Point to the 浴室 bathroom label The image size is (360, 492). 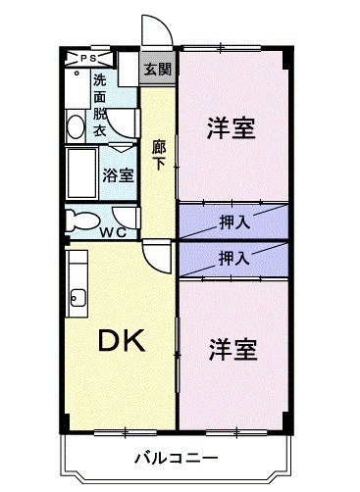pyautogui.click(x=118, y=175)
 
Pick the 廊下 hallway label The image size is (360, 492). pyautogui.click(x=157, y=156)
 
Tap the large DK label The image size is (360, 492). pyautogui.click(x=121, y=342)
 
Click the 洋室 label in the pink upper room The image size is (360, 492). pyautogui.click(x=231, y=128)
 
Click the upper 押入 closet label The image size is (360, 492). pyautogui.click(x=233, y=221)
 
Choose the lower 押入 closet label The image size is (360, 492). pyautogui.click(x=233, y=259)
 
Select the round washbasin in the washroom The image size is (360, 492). pyautogui.click(x=76, y=124)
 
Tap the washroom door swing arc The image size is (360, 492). pyautogui.click(x=120, y=123)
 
